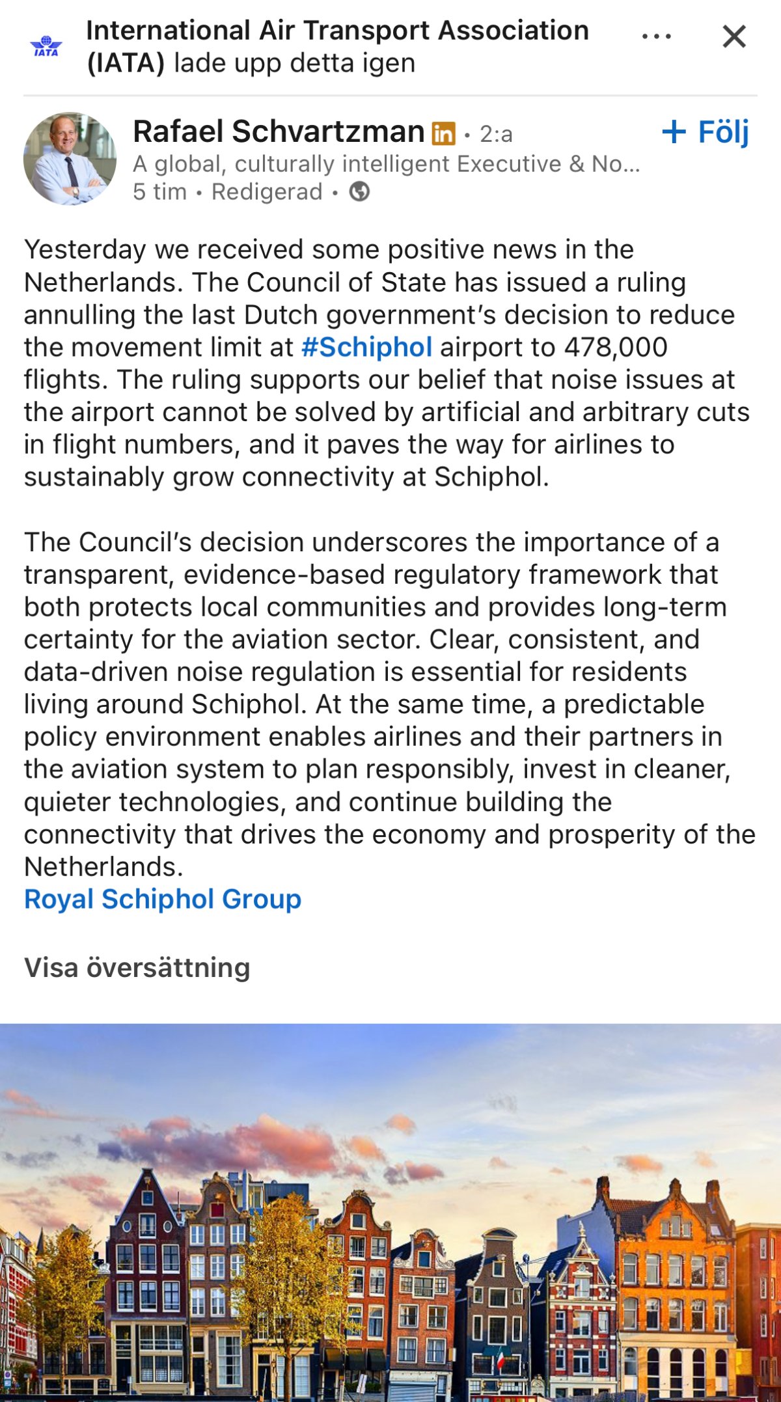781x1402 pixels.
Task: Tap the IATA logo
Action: (46, 46)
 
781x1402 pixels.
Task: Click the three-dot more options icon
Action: (656, 36)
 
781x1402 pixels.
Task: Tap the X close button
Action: (733, 37)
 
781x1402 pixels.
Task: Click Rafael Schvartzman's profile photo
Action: (70, 159)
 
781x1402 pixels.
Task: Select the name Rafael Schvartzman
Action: (279, 132)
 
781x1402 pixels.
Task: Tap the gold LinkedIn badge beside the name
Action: (443, 133)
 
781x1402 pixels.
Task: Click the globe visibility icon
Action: (359, 192)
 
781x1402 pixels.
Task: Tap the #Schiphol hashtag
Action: (366, 348)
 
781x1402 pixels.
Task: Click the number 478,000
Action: (615, 348)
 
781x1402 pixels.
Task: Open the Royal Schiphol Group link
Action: (163, 900)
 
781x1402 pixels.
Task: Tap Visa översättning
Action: (137, 968)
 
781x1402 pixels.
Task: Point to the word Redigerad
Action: (267, 192)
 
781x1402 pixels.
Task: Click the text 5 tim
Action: (159, 192)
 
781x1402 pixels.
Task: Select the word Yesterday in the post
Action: (85, 250)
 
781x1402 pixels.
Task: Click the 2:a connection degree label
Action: (496, 135)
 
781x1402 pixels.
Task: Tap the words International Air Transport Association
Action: (337, 31)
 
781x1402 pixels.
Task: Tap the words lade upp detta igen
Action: (294, 64)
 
